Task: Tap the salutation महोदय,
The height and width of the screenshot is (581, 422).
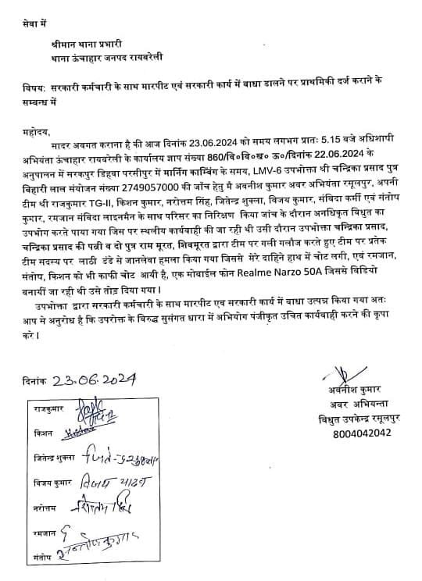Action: pos(36,134)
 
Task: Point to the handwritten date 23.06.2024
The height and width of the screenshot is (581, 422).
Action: pos(96,380)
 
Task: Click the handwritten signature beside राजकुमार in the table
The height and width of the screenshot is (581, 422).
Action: pos(102,408)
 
